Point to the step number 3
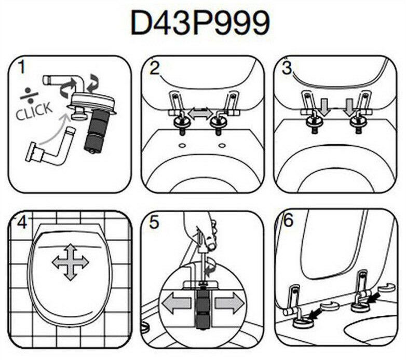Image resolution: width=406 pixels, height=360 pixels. tap(287, 68)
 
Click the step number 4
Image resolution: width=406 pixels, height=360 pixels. tap(22, 223)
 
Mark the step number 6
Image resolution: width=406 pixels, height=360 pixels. tap(288, 220)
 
